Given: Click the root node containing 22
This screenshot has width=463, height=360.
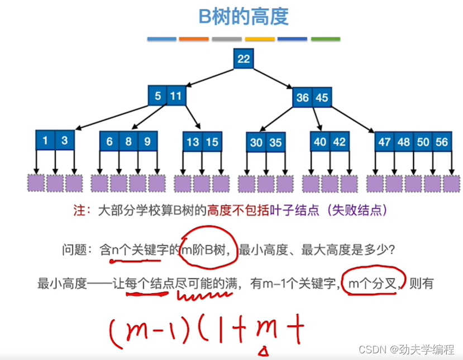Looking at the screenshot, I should click(x=244, y=59).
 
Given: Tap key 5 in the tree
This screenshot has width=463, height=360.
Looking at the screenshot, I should click(x=157, y=96).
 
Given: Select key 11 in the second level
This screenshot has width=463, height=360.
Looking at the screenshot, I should click(x=176, y=96).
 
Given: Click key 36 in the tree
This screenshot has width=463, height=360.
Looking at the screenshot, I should click(x=302, y=98).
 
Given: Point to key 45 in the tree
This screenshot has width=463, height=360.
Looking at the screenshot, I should click(x=322, y=98).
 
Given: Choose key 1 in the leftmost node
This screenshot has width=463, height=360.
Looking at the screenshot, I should click(x=45, y=141).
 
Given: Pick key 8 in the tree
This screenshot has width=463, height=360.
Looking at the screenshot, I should click(x=128, y=141).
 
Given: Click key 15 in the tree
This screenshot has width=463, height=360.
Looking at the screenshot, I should click(x=211, y=142).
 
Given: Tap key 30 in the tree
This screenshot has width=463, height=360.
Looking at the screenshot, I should click(x=256, y=142).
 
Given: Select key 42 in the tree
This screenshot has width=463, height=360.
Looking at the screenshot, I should click(x=339, y=142).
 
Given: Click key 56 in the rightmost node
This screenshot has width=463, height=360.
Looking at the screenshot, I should click(x=441, y=142).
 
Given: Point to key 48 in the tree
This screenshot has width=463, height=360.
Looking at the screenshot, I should click(x=403, y=142).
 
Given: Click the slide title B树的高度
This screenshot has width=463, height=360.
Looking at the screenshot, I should click(x=244, y=17).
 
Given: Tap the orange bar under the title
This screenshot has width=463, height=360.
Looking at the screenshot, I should click(x=193, y=39).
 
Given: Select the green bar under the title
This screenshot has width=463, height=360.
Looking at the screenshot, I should click(x=325, y=39).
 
